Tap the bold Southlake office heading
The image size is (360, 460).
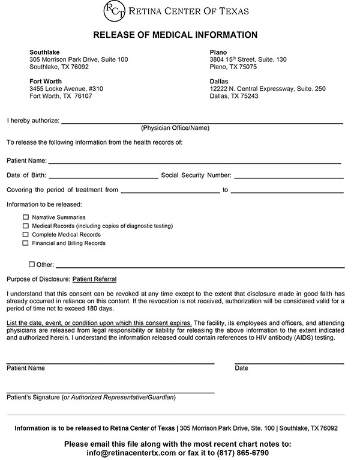[45, 52]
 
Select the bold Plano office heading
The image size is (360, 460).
[219, 52]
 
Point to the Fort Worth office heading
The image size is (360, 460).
[47, 81]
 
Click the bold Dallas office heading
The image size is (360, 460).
[220, 81]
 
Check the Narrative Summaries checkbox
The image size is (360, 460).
[25, 217]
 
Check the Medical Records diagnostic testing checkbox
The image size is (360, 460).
[25, 226]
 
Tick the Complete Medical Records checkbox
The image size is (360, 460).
[25, 234]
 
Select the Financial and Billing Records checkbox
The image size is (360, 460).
[25, 243]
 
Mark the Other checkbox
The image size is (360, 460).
[32, 264]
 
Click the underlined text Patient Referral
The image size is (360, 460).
[94, 279]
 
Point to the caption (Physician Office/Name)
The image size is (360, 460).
[175, 128]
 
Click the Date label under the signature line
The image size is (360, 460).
[241, 368]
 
